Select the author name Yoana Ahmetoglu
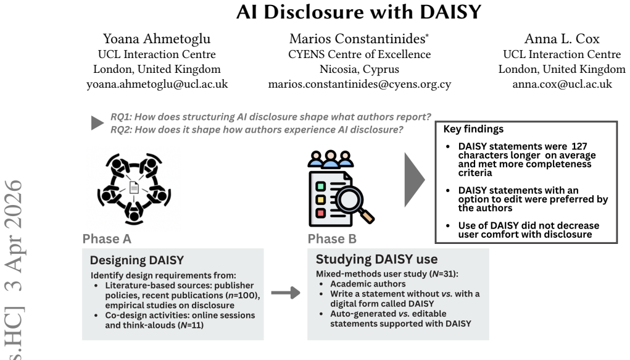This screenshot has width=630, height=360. pyautogui.click(x=157, y=39)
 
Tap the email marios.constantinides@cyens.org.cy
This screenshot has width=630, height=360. pyautogui.click(x=360, y=84)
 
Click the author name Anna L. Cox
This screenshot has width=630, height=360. pyautogui.click(x=562, y=39)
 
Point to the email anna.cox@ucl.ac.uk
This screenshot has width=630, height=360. pyautogui.click(x=562, y=84)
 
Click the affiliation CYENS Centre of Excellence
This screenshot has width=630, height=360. pyautogui.click(x=359, y=54)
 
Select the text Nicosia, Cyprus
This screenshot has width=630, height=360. pyautogui.click(x=359, y=69)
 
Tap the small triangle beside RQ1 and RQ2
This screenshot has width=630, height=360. pyautogui.click(x=97, y=123)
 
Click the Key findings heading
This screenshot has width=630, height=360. pyautogui.click(x=473, y=129)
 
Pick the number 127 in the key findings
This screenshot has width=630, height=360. pyautogui.click(x=579, y=146)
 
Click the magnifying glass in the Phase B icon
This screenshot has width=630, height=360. pyautogui.click(x=354, y=203)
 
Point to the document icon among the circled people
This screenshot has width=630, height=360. pyautogui.click(x=134, y=188)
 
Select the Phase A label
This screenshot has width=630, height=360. pyautogui.click(x=107, y=239)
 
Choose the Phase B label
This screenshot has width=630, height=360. pyautogui.click(x=332, y=239)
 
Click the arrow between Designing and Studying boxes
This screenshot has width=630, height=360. pyautogui.click(x=286, y=293)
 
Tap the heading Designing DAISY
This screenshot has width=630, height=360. pyautogui.click(x=137, y=260)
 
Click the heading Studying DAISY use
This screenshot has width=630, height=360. pyautogui.click(x=376, y=259)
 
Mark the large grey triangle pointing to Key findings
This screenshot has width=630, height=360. pyautogui.click(x=414, y=180)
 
